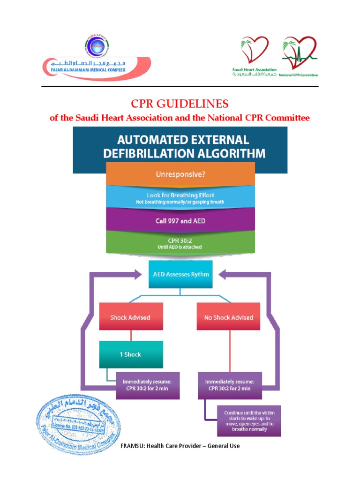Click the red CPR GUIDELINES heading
click(x=180, y=104)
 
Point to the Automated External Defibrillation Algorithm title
click(x=180, y=146)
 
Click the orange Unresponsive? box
click(x=180, y=174)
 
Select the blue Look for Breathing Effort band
click(x=180, y=197)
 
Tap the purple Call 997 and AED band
click(x=180, y=220)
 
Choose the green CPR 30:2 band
click(x=180, y=243)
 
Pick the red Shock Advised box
click(x=130, y=317)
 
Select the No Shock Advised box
click(x=229, y=317)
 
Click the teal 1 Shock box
click(x=131, y=354)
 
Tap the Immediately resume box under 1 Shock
click(x=148, y=385)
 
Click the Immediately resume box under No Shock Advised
click(x=229, y=385)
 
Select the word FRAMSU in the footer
click(x=134, y=446)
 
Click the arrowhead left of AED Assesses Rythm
click(x=140, y=275)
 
